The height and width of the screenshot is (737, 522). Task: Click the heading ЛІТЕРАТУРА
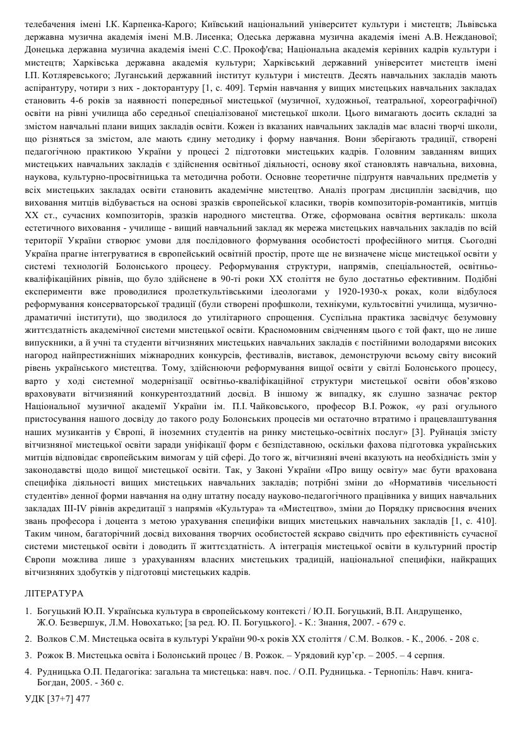(54, 593)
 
